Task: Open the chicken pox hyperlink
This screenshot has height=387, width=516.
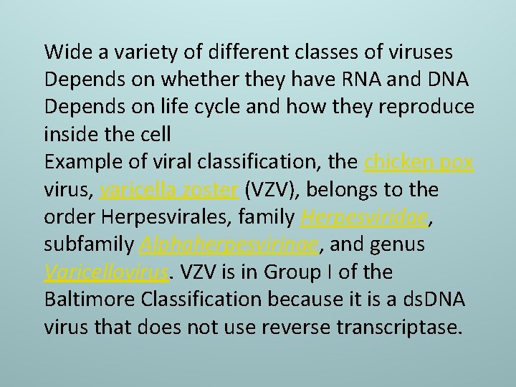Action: coord(419,162)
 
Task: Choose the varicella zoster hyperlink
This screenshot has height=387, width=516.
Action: coord(170,190)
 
